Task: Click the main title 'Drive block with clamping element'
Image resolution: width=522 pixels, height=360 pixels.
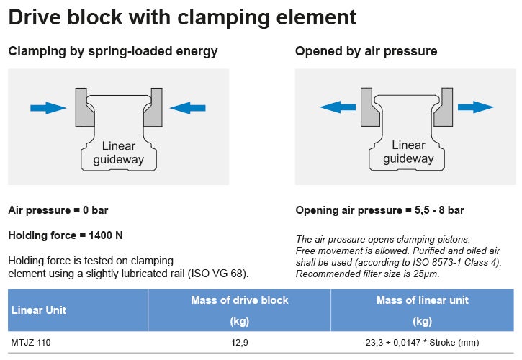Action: [182, 17]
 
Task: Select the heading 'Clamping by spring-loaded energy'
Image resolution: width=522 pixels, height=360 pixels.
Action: [112, 51]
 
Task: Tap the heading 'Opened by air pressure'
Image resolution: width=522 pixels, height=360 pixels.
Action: [366, 51]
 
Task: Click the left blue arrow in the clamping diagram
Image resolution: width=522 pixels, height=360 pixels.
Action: [48, 108]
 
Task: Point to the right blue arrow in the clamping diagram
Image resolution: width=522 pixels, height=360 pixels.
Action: [188, 108]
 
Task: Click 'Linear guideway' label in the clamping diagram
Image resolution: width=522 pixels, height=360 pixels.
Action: [118, 152]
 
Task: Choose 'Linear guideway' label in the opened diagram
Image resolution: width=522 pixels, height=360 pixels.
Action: [408, 152]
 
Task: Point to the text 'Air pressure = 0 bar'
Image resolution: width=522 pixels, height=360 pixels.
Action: [58, 210]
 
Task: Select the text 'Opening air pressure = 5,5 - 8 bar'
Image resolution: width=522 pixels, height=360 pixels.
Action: [380, 210]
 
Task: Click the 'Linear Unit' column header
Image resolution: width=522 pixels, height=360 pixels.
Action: [39, 310]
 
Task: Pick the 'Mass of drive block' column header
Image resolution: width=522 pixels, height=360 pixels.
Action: [239, 300]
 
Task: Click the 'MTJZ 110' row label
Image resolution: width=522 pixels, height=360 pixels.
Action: [30, 343]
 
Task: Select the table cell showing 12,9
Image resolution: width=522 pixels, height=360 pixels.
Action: [239, 343]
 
